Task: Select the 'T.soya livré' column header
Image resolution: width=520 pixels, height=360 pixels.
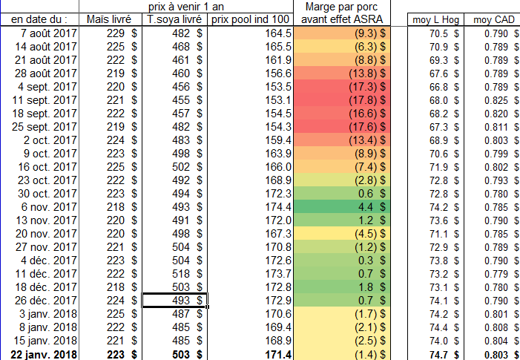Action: [175, 19]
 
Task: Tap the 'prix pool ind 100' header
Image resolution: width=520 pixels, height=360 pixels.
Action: [251, 19]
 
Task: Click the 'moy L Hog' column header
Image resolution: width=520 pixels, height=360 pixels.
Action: [435, 19]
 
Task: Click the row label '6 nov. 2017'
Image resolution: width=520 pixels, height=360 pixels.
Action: [50, 206]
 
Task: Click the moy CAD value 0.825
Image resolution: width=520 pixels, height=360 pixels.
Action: [494, 99]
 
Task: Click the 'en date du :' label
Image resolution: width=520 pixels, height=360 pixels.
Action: [40, 19]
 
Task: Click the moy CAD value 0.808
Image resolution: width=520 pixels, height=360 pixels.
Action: [494, 327]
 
